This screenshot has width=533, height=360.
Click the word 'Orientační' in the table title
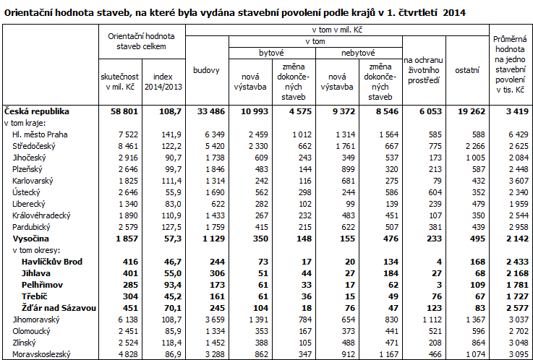(27, 13)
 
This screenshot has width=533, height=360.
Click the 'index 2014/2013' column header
(163, 82)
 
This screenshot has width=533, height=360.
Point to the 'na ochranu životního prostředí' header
(423, 70)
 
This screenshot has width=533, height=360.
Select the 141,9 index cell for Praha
(171, 134)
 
